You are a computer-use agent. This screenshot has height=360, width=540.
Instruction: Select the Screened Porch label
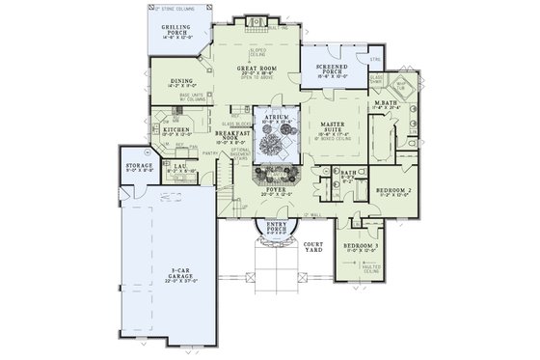332,69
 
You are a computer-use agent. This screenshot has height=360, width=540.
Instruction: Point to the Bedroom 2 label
392,191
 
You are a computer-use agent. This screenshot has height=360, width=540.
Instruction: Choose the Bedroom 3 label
361,247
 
